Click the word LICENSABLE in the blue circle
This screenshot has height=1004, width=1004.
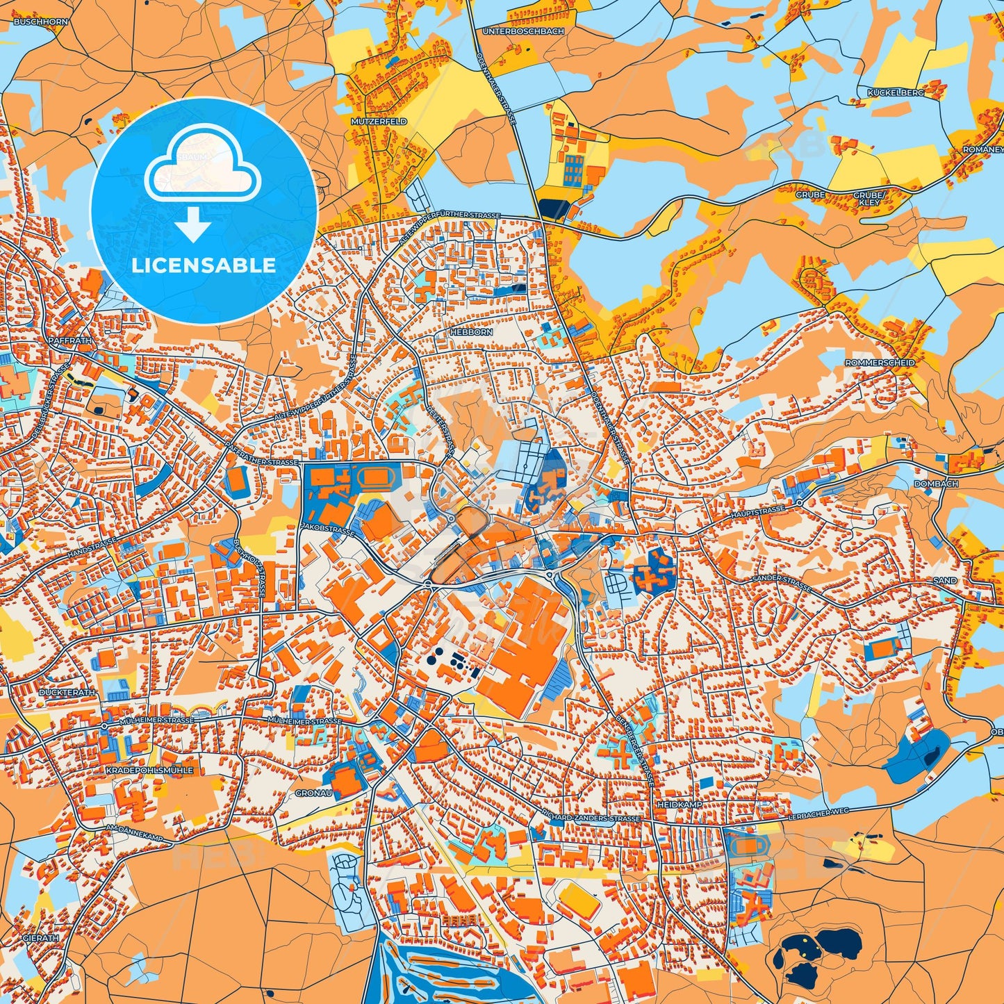coord(204,265)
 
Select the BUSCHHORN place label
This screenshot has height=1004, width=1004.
coord(41,22)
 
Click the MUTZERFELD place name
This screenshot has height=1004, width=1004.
coord(379,122)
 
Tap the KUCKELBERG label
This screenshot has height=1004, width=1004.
coord(895,92)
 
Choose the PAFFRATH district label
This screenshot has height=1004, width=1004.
coord(70,341)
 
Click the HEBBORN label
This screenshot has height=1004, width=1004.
coord(472,332)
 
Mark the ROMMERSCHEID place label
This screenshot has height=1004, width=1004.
coord(880,363)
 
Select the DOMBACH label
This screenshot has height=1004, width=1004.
coord(936,484)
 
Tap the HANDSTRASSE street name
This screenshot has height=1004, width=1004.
coord(92,548)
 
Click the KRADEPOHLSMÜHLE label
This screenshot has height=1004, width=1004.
coord(149,771)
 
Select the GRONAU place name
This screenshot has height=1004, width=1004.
coord(313,793)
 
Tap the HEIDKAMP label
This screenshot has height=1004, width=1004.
coord(679,805)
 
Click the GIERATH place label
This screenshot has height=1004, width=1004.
coord(41,938)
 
